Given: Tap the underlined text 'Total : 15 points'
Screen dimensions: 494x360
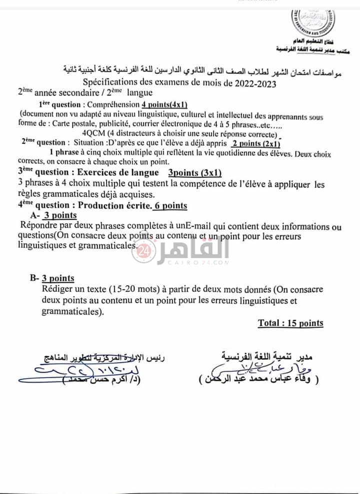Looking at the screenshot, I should click(x=290, y=323).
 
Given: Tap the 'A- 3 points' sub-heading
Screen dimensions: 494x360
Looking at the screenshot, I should click(x=53, y=215).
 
